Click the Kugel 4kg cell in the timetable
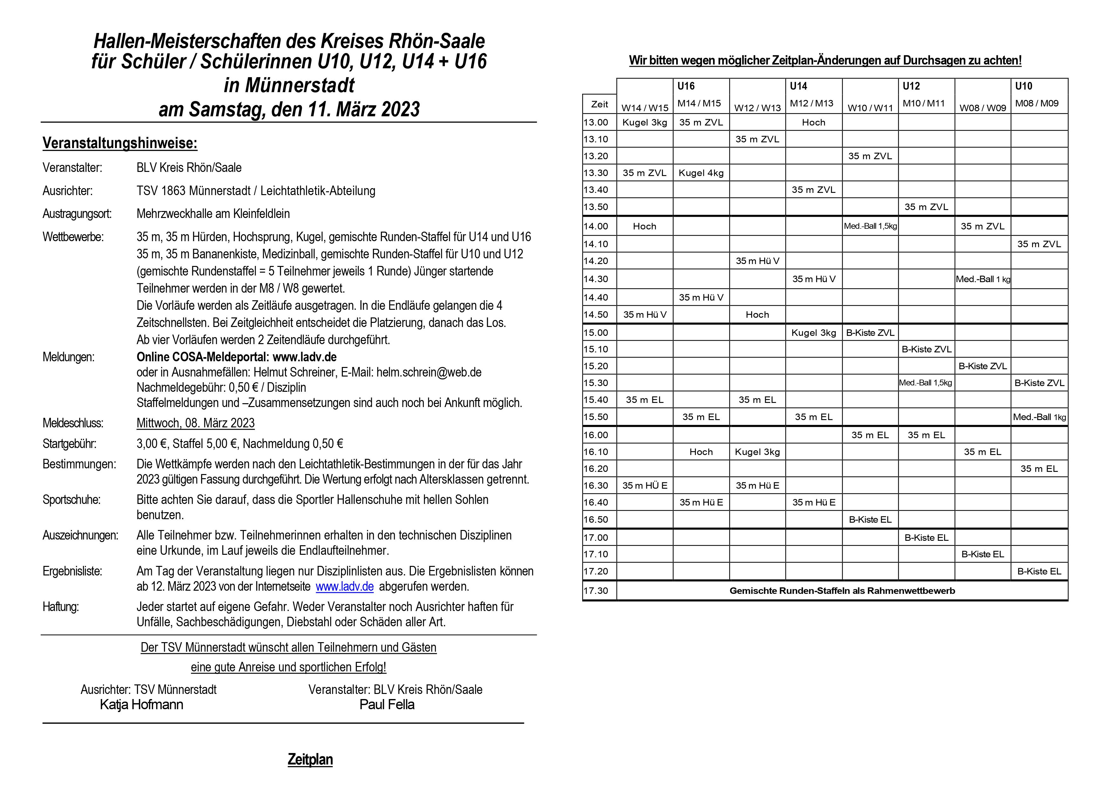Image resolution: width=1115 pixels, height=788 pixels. (x=701, y=173)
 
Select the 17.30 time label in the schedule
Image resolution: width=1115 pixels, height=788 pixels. (x=596, y=591)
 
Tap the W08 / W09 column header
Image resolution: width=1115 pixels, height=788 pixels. (x=982, y=108)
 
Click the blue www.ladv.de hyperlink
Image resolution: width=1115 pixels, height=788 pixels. (x=344, y=587)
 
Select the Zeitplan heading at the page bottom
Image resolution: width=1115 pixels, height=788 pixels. (x=310, y=759)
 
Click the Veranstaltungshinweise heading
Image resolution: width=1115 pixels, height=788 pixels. (x=120, y=143)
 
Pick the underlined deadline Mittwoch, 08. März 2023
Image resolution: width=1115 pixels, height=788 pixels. (x=195, y=423)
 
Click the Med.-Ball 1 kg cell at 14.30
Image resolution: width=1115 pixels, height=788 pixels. (x=982, y=279)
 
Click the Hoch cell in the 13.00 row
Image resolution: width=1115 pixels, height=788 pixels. (x=813, y=122)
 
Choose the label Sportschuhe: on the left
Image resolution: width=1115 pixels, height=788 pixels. (x=71, y=499)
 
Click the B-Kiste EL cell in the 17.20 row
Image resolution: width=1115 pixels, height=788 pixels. (x=1039, y=571)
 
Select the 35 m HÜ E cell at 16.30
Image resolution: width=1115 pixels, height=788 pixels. (x=644, y=486)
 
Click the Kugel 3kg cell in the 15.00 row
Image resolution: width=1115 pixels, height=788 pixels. (x=813, y=333)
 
